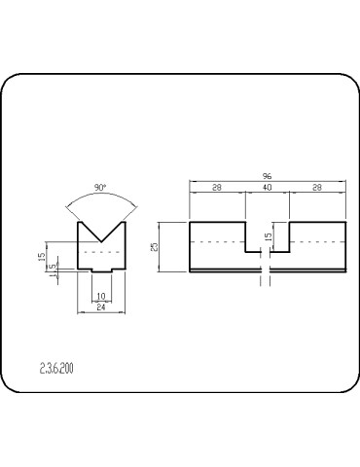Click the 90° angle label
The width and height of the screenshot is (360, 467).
click(100, 188)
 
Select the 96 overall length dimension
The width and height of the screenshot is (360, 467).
click(267, 176)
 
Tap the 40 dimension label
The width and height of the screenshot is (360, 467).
click(268, 188)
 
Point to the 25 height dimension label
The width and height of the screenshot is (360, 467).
click(155, 247)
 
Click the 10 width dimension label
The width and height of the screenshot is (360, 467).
click(101, 296)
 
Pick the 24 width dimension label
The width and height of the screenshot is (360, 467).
click(101, 307)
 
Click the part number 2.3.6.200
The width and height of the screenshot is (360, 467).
click(56, 369)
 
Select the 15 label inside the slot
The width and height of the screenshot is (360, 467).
click(269, 236)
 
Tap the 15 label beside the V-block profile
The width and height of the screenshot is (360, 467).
click(42, 257)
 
